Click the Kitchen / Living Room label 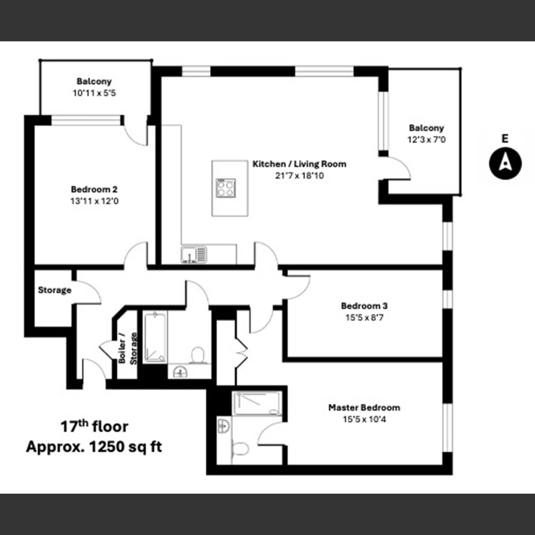(x=299, y=164)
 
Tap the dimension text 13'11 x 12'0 (x=94, y=201)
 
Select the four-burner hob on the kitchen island (x=226, y=188)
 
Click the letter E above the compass (x=505, y=138)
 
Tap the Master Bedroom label (x=364, y=408)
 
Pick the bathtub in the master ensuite (x=257, y=403)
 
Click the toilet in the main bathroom (x=198, y=355)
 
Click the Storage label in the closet (x=55, y=290)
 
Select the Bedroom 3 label (x=364, y=306)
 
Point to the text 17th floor (x=94, y=427)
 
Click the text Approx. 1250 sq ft (x=94, y=447)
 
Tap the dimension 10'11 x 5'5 (x=94, y=93)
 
